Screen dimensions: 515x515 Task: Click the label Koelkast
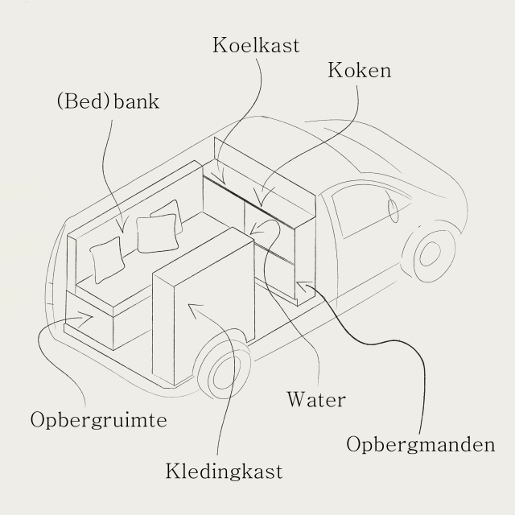pos(255,44)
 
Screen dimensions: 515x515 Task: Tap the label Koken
pos(359,71)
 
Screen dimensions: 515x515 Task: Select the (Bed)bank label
pos(109,103)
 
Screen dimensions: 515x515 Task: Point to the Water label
pos(315,400)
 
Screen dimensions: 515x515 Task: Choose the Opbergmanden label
pos(420,444)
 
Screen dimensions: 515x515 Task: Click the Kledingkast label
pos(224,471)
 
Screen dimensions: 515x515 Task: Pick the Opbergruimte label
pos(98,420)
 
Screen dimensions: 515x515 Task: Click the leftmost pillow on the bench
pos(108,259)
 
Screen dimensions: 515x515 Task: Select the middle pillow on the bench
pos(154,233)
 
